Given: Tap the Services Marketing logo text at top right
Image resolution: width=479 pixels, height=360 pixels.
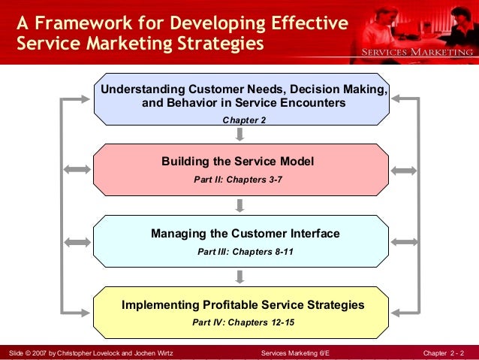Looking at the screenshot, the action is click(419, 52).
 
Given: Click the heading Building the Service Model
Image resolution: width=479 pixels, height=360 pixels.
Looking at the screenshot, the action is click(237, 162).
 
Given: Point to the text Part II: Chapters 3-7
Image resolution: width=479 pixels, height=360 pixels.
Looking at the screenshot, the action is click(237, 179).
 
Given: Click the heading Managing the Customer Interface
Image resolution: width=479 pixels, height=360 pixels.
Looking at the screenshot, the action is click(246, 234).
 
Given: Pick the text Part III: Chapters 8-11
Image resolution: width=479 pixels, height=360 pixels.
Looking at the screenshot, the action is click(246, 252).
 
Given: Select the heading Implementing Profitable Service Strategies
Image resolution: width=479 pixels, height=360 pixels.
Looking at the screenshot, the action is click(243, 305).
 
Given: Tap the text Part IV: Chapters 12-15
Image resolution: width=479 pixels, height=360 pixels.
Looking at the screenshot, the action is click(243, 323).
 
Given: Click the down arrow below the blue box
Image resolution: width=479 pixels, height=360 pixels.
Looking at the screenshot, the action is click(239, 134).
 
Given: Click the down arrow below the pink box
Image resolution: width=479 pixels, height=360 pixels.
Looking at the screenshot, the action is click(239, 205).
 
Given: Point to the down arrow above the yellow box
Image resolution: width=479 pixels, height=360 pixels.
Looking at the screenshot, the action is click(239, 277).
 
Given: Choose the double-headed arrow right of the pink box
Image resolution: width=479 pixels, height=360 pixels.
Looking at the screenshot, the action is click(404, 170).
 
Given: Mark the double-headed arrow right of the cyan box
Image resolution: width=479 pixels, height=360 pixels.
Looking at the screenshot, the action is click(404, 242).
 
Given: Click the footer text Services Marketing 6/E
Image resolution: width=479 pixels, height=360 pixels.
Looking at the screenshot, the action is click(295, 352).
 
